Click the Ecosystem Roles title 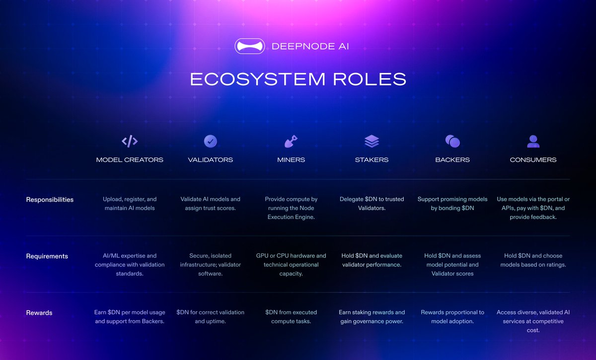(x=298, y=79)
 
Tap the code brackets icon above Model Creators (x=130, y=142)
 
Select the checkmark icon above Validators (x=211, y=142)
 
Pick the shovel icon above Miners (x=291, y=142)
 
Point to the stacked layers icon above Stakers (x=372, y=142)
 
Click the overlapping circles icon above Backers (x=452, y=142)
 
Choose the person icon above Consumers (x=533, y=142)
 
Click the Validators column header (x=211, y=160)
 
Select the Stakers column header (x=372, y=160)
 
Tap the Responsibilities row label (x=50, y=200)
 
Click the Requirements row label (x=47, y=256)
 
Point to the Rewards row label (x=39, y=313)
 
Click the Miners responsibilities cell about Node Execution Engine (x=291, y=208)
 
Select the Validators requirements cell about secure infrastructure (x=211, y=265)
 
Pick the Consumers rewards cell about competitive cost (x=533, y=321)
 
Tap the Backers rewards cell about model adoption (x=452, y=317)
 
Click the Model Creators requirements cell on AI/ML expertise (x=130, y=265)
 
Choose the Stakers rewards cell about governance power (x=372, y=317)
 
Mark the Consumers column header (x=533, y=160)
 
